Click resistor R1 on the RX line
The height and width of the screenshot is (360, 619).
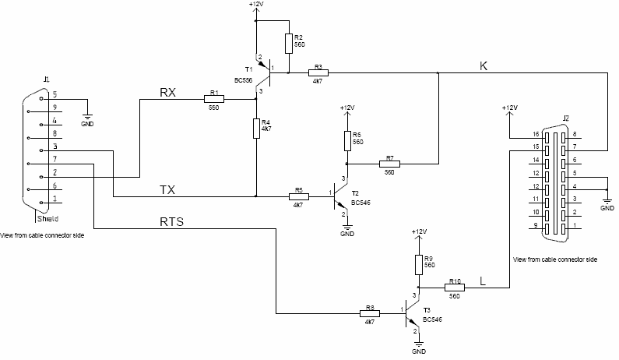tap(213, 99)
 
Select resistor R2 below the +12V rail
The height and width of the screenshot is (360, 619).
tap(288, 41)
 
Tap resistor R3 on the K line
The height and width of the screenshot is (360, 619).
tap(318, 73)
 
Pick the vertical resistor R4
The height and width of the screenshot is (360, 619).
tap(256, 128)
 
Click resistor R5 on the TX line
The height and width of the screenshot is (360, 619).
tap(298, 196)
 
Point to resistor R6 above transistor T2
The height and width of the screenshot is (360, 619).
tap(347, 139)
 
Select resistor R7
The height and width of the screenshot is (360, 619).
tap(389, 164)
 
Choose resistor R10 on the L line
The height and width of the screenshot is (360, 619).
tap(455, 288)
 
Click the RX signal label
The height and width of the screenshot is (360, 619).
tap(167, 93)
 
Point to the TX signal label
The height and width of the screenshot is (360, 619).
tap(167, 190)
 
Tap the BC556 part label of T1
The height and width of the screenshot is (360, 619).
tap(244, 80)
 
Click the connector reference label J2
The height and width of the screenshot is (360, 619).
tap(566, 118)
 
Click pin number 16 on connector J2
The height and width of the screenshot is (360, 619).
tap(536, 135)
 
